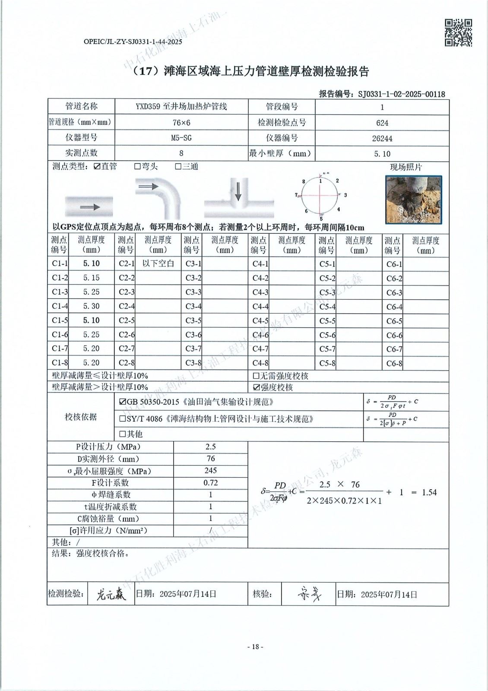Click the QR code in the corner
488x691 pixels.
[458, 32]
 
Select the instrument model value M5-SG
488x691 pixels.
[181, 138]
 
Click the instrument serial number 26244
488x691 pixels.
[382, 139]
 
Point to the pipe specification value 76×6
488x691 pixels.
[181, 123]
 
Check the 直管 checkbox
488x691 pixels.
[97, 167]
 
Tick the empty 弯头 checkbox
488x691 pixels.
[137, 167]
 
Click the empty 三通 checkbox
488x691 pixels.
[178, 167]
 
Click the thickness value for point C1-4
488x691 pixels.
[91, 306]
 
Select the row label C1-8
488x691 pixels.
[60, 363]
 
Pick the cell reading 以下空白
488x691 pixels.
[158, 263]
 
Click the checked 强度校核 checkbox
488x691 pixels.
[256, 387]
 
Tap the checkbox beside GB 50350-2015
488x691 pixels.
[123, 402]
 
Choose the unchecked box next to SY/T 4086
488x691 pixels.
[123, 419]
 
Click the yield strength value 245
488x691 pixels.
[210, 471]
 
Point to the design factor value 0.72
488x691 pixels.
[210, 483]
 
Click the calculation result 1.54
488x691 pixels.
[429, 492]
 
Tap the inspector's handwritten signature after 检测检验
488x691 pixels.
[111, 595]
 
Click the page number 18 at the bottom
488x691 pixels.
[255, 647]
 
